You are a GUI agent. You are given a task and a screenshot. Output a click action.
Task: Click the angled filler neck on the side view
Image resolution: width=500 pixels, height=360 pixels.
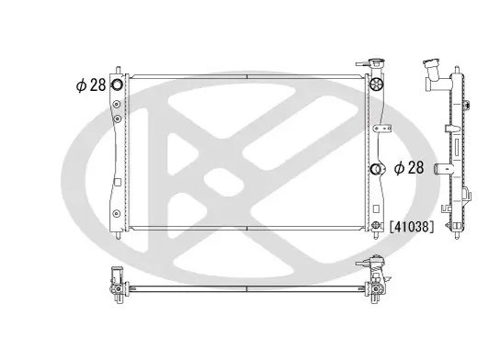[433, 71]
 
